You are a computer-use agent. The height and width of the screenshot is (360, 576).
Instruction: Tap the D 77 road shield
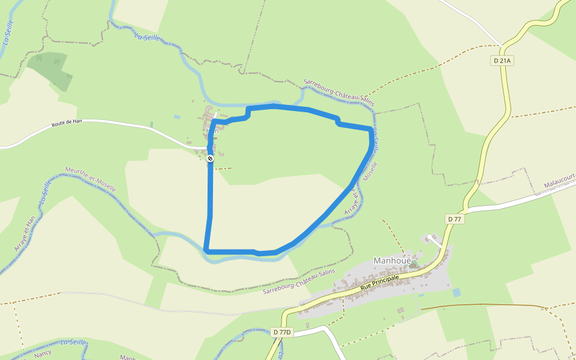454,219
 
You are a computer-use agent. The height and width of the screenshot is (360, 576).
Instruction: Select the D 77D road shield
281,332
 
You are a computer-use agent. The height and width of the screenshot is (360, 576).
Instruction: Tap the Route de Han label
67,122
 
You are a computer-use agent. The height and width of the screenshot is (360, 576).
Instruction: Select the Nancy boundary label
43,354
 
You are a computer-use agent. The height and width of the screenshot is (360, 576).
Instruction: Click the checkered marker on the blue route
210,158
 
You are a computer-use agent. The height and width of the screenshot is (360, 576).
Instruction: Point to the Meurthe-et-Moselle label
90,179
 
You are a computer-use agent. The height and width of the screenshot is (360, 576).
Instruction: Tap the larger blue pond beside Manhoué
457,293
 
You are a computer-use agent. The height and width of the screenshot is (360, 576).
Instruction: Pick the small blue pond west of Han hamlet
176,116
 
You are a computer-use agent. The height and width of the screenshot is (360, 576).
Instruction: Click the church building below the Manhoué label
413,265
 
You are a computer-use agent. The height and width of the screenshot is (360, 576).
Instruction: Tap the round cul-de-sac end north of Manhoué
427,238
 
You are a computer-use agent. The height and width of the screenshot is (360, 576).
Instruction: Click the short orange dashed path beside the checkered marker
223,169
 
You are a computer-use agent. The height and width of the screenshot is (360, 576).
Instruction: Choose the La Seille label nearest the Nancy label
73,343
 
